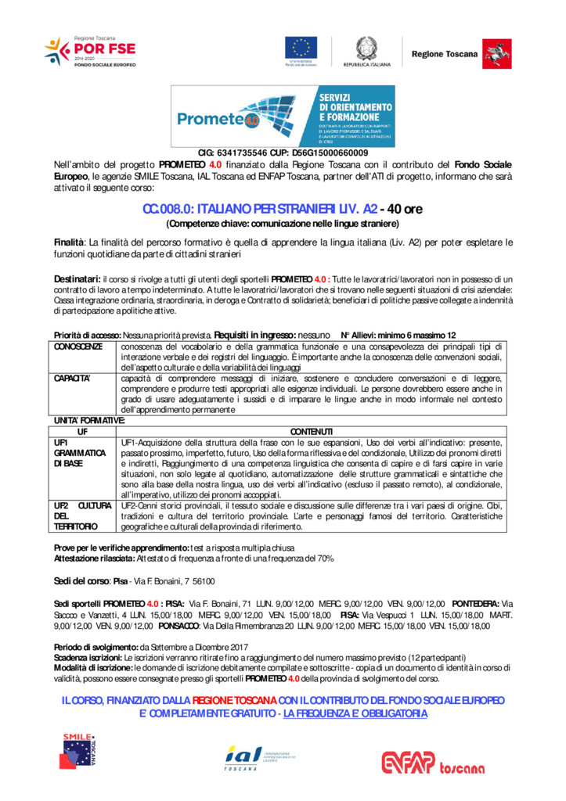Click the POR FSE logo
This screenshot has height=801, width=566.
pyautogui.click(x=90, y=52)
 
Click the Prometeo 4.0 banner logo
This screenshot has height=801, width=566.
pyautogui.click(x=283, y=116)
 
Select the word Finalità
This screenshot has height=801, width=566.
pyautogui.click(x=69, y=242)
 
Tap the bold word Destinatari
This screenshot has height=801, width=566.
pyautogui.click(x=76, y=278)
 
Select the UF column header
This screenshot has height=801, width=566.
pyautogui.click(x=82, y=432)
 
